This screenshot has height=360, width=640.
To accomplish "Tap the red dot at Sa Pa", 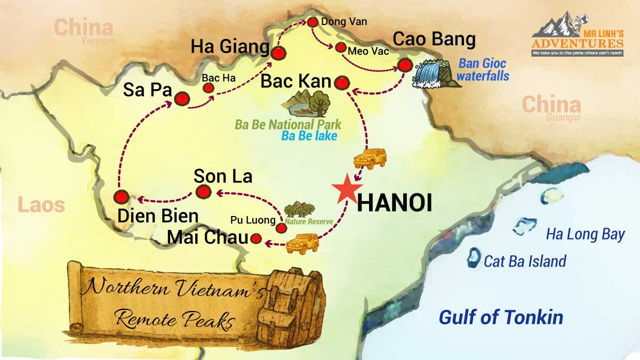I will pos(182,99).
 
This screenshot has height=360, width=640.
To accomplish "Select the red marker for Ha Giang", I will pos(278,53).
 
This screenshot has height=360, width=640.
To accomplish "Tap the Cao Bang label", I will pos(434,39).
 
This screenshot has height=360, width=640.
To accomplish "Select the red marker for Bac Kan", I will pos(341,83).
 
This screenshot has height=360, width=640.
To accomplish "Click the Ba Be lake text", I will pos(309,136).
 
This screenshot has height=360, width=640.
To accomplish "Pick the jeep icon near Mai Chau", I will pos(302,243).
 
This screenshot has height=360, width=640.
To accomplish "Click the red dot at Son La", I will pos(203,192).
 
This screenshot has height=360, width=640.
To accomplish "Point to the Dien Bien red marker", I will pos(122,197).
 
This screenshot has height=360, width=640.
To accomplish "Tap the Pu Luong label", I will pos(253,220).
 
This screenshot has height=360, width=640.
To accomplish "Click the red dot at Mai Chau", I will pos(257,238).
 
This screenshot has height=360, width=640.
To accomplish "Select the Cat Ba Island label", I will pos(525,261).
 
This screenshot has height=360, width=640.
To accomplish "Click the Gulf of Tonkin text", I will pos(500,317).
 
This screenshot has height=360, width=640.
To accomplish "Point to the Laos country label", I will pos(41,205).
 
